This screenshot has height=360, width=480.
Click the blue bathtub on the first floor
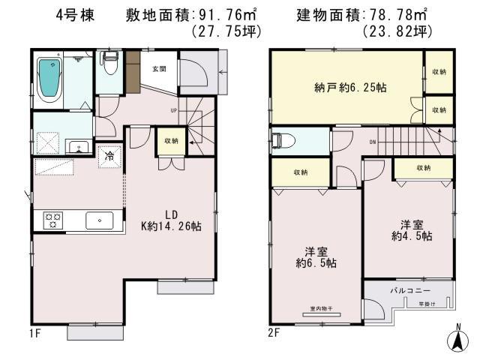[50, 79]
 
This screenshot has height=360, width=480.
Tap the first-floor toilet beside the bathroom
[109, 70]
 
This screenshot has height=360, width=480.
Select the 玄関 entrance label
[159, 69]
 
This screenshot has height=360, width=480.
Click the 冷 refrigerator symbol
[109, 157]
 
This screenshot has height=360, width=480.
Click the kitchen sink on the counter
[98, 220]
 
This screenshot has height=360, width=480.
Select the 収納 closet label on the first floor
[172, 141]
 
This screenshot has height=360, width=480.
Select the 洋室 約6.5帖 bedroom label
[315, 257]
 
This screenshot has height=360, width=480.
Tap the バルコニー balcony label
[409, 289]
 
